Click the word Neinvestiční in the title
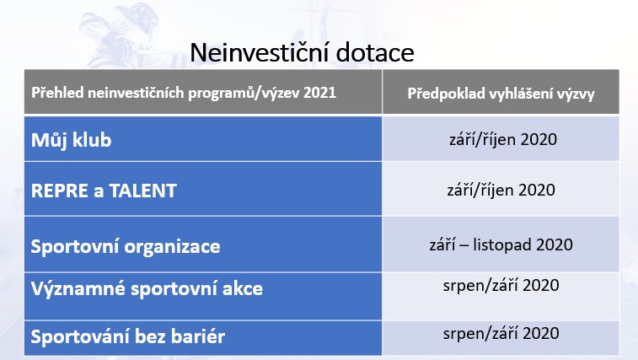[x=260, y=52]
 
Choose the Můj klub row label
[x=71, y=140]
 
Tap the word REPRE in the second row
[x=59, y=191]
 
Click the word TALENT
[x=142, y=191]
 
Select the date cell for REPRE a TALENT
[x=501, y=189]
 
